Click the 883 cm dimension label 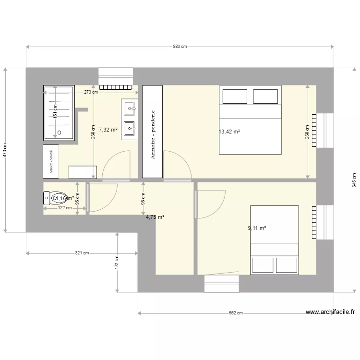(180, 47)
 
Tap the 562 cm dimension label (236, 313)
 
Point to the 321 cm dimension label (82, 252)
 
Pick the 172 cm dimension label (117, 262)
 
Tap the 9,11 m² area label (257, 228)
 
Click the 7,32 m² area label (108, 130)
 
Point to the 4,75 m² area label (155, 217)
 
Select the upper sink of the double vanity (130, 108)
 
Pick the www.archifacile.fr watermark (330, 312)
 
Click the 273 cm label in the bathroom (91, 92)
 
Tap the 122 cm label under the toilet (65, 208)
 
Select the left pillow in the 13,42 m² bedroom (234, 96)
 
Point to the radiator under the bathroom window (115, 87)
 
